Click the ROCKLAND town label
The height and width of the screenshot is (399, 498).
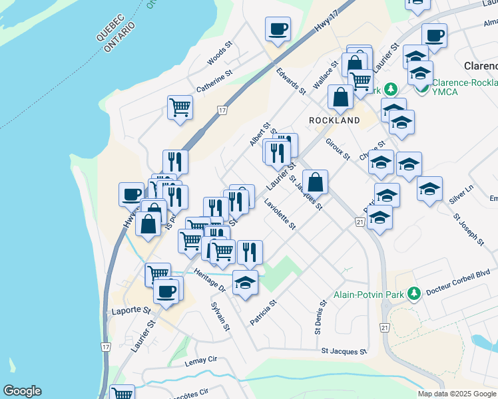click(x=334, y=120)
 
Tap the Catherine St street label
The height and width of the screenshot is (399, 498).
click(x=213, y=82)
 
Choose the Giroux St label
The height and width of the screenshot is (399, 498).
click(x=338, y=148)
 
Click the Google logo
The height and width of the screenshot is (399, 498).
click(x=22, y=391)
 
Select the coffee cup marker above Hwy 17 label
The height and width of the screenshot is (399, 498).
click(x=278, y=29)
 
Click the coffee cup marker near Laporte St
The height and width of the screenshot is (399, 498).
click(x=166, y=290)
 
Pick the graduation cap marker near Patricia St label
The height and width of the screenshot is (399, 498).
click(x=245, y=283)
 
